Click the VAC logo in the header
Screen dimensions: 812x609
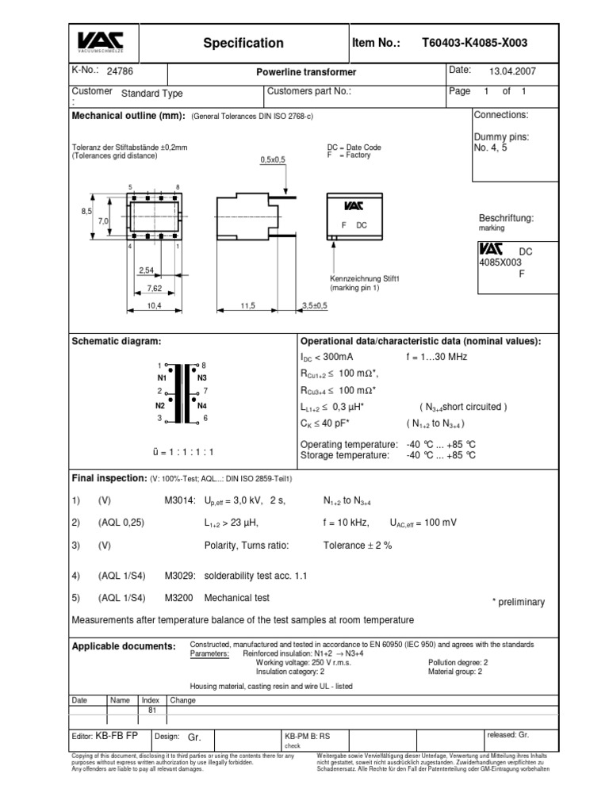pyautogui.click(x=105, y=42)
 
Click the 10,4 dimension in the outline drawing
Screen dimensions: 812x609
pyautogui.click(x=154, y=304)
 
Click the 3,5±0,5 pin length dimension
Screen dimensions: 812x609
pyautogui.click(x=314, y=304)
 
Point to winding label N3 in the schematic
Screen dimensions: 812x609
pyautogui.click(x=201, y=377)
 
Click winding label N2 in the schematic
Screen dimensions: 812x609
pyautogui.click(x=161, y=404)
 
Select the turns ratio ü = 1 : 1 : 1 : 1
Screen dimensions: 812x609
pyautogui.click(x=183, y=451)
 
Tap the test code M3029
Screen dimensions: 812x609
pyautogui.click(x=178, y=575)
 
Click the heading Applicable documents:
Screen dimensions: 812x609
pyautogui.click(x=124, y=646)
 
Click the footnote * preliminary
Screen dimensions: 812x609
pyautogui.click(x=519, y=602)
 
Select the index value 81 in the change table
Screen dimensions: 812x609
pyautogui.click(x=151, y=710)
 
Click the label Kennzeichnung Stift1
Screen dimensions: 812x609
pyautogui.click(x=364, y=278)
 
